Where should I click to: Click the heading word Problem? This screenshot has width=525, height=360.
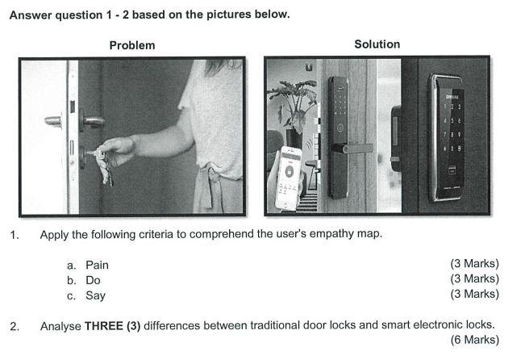point(132,45)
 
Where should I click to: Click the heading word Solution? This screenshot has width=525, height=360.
point(377,44)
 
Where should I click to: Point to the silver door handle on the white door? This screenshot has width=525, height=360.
point(53,121)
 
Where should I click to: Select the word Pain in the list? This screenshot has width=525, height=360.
point(97,265)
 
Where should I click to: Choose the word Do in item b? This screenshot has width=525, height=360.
point(93,280)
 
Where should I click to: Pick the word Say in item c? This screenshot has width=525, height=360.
point(95,295)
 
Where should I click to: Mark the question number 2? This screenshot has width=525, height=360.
point(14,326)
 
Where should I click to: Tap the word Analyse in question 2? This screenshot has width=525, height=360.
point(60,325)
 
